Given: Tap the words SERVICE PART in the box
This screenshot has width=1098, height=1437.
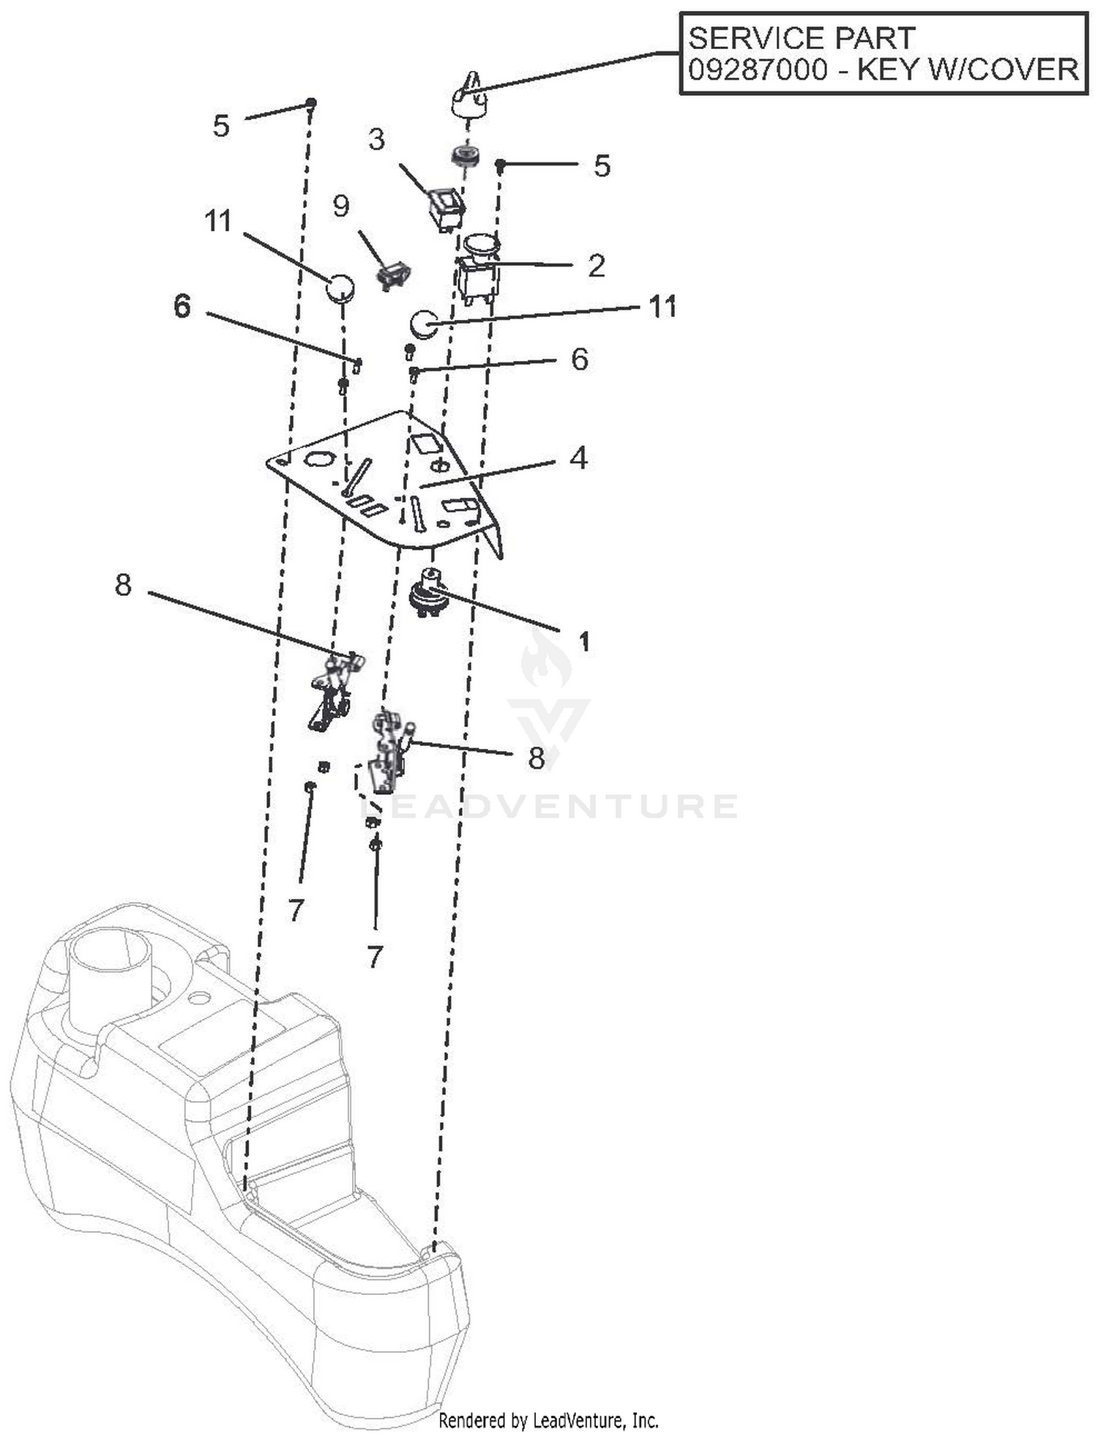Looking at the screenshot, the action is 801,38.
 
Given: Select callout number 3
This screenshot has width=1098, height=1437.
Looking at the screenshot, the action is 376,139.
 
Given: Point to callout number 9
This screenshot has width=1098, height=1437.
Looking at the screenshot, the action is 341,206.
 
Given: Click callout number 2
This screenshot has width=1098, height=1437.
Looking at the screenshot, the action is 596,266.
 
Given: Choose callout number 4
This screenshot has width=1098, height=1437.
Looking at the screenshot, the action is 578,458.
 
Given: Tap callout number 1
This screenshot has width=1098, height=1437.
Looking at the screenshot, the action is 583,642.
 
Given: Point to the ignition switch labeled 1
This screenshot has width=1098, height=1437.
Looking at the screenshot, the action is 430,591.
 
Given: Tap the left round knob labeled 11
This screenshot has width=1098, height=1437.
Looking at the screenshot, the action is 340,288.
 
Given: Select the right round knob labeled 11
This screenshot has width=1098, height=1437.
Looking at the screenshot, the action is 422,324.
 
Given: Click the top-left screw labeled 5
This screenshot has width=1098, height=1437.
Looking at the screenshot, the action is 311,102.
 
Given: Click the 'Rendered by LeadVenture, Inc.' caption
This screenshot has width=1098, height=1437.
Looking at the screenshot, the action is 548,1420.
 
